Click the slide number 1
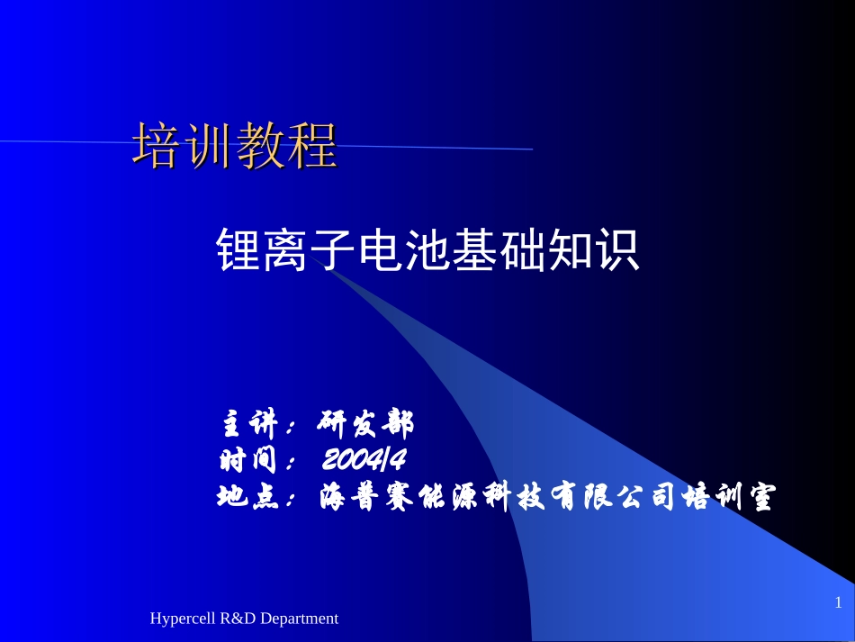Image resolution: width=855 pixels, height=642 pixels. tap(838, 601)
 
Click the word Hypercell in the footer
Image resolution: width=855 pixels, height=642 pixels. tap(182, 619)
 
